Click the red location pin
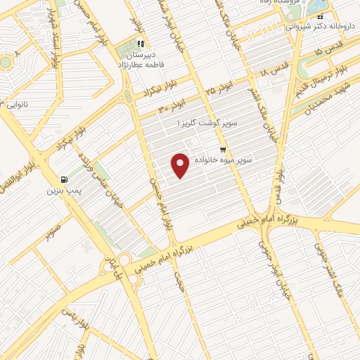point(181,165)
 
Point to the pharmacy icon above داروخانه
point(320,15)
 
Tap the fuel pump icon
point(65,179)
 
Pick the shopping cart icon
point(223,149)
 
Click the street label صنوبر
point(56,230)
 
